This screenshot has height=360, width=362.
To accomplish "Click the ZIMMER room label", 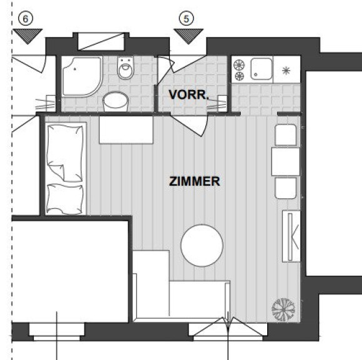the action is tap(194, 181).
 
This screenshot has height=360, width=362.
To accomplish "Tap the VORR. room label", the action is tap(188, 94).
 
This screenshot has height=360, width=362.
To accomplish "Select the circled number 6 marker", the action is tap(26, 19).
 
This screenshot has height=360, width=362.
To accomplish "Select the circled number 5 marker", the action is tap(187, 19).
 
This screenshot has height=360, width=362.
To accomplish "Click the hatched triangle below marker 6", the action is tap(27, 36).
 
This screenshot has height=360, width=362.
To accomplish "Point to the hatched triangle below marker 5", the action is tap(188, 36).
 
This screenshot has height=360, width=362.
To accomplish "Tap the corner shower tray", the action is tap(82, 76).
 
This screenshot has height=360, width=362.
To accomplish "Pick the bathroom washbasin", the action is tap(115, 101).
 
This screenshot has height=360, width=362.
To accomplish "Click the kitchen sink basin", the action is tap(262, 69).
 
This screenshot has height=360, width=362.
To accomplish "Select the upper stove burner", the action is tap(239, 65).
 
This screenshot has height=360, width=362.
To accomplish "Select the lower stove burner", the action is tap(240, 76).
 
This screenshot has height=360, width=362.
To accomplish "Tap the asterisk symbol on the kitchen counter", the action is tap(286, 71).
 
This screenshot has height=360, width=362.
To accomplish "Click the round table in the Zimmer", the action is tap(202, 246).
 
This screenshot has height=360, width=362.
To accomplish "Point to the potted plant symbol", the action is tap(283, 310).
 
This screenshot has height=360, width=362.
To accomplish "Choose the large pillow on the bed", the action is tap(65, 153).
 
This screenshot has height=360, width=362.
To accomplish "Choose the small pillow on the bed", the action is tap(65, 199).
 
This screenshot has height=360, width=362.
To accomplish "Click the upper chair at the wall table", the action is tap(286, 135).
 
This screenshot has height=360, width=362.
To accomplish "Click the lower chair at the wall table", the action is tap(286, 188).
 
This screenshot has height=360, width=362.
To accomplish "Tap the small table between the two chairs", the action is tap(286, 161).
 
